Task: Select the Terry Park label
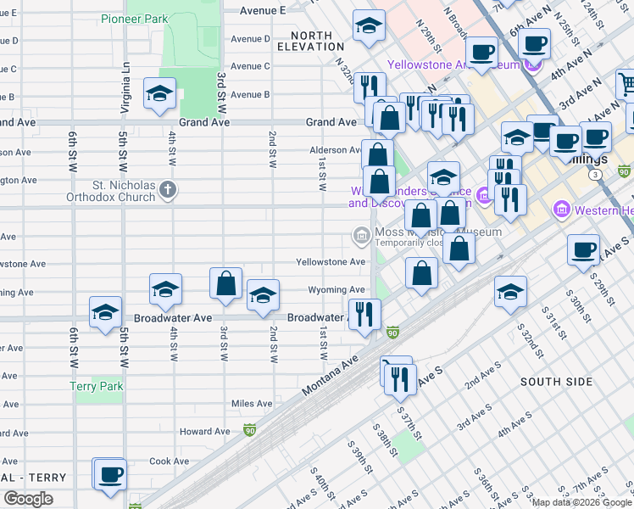pyautogui.click(x=97, y=386)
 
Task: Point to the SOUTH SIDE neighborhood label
pyautogui.click(x=553, y=382)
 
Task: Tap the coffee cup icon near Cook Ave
pyautogui.click(x=109, y=474)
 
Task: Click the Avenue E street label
pyautogui.click(x=262, y=10)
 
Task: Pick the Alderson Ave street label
pyautogui.click(x=335, y=150)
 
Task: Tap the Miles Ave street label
pyautogui.click(x=252, y=404)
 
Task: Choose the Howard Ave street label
pyautogui.click(x=204, y=431)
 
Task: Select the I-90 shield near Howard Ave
pyautogui.click(x=249, y=431)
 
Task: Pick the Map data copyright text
pyautogui.click(x=581, y=502)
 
